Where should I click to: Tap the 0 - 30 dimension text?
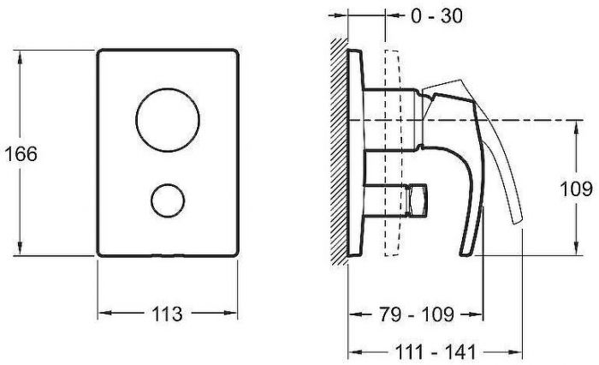[x=436, y=15]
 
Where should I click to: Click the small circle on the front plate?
[x=166, y=201]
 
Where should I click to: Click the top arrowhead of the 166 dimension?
[x=20, y=54]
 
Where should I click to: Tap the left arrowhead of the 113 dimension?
[x=102, y=314]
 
